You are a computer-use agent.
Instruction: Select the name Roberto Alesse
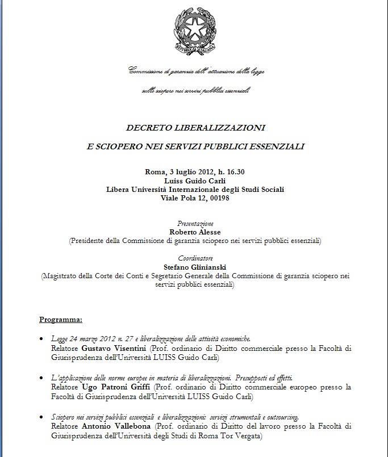click(195, 232)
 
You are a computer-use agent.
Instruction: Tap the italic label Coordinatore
click(195, 258)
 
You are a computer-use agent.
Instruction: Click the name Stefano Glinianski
click(195, 267)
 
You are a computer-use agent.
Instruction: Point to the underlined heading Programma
click(60, 319)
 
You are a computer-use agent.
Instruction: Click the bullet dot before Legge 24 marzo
click(42, 339)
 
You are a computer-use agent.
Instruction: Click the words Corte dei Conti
click(130, 275)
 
